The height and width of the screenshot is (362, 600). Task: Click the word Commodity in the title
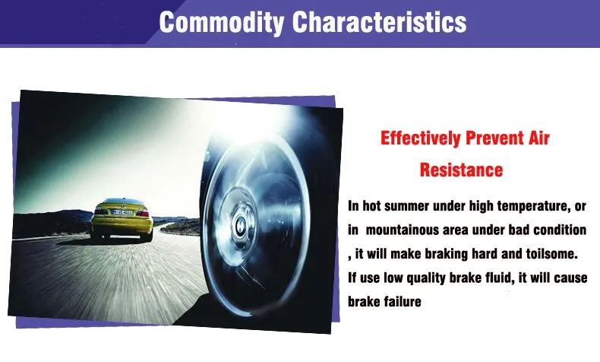221,22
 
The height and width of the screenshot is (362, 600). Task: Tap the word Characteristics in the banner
380,22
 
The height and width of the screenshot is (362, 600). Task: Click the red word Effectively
420,138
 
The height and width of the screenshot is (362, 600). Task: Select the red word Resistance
461,170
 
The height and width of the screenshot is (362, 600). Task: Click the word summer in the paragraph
406,206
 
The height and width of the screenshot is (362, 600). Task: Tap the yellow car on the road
122,219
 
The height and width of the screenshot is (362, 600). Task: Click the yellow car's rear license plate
122,212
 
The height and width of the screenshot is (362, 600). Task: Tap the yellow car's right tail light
144,213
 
